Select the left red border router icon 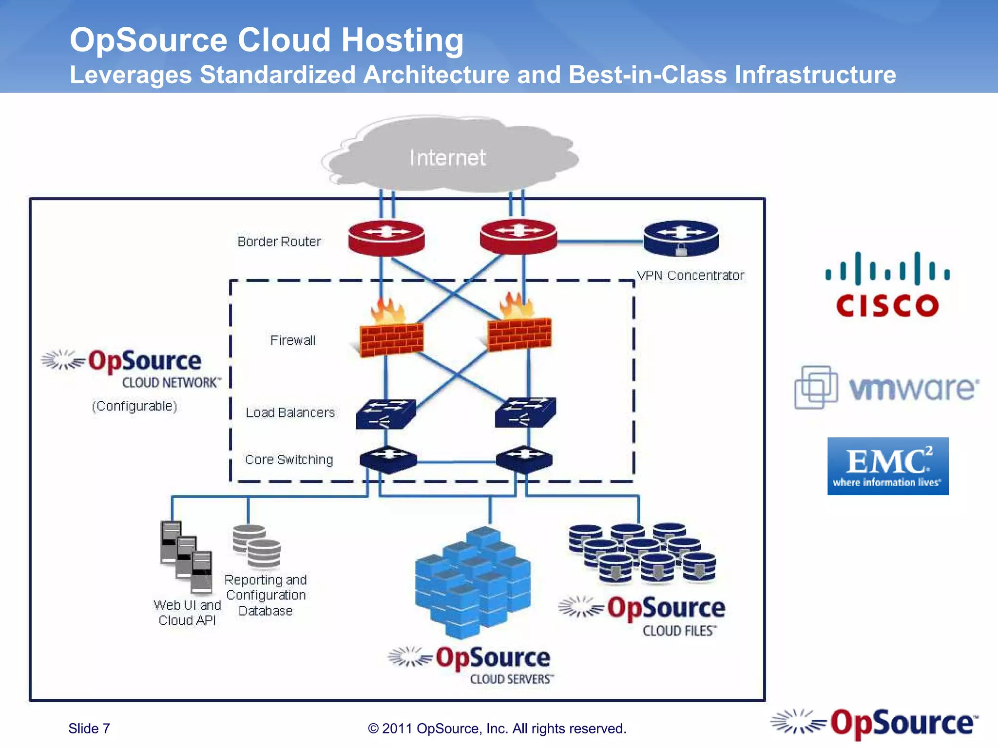click(x=386, y=237)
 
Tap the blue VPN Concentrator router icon click(x=681, y=238)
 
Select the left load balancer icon click(x=385, y=414)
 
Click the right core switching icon click(x=524, y=459)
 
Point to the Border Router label click(x=279, y=242)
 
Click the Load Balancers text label click(x=290, y=413)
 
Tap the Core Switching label click(x=289, y=460)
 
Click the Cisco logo click(x=887, y=285)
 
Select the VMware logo click(x=887, y=388)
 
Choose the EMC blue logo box click(x=887, y=466)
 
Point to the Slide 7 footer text click(x=89, y=729)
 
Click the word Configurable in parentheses click(x=134, y=406)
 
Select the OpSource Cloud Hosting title click(x=267, y=40)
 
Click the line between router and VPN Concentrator click(x=600, y=241)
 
